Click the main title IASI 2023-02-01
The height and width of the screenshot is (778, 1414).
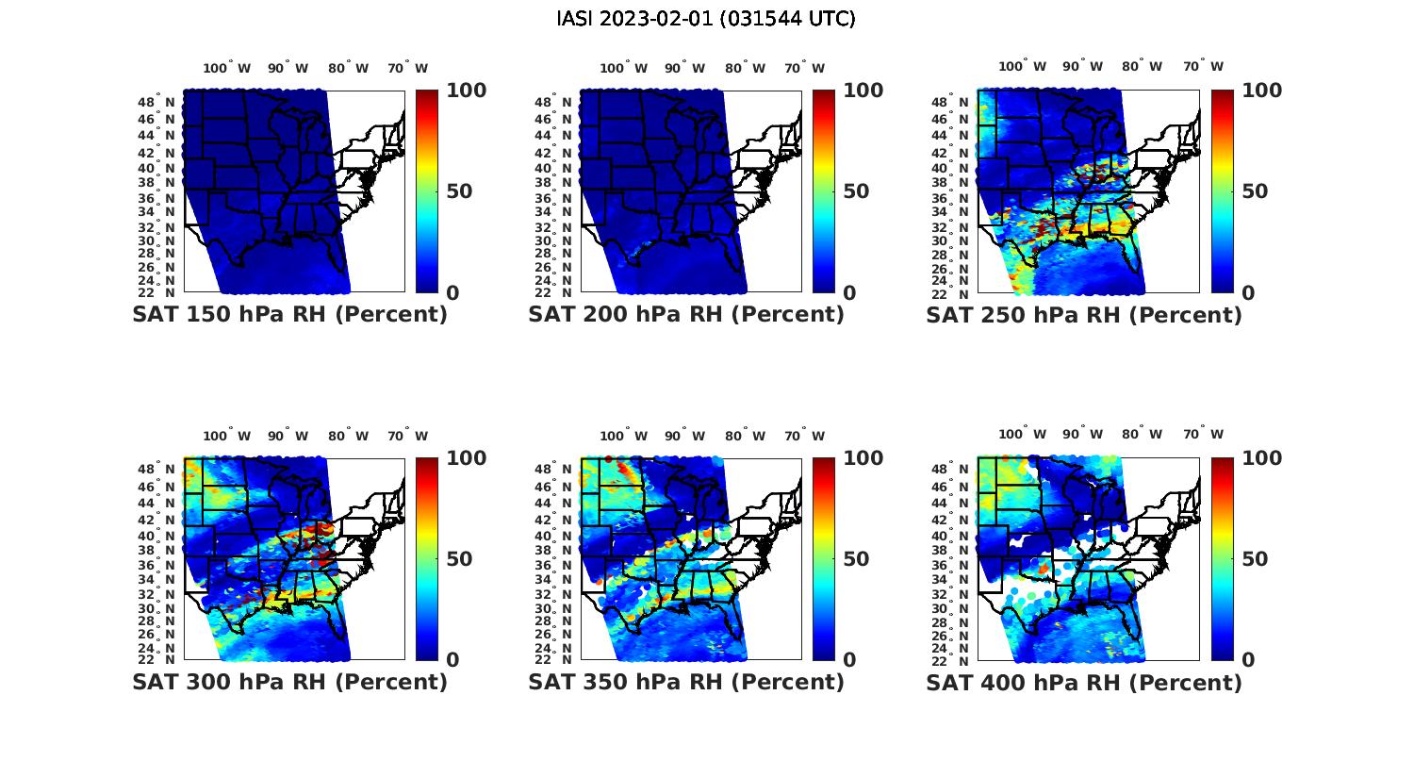click(x=706, y=19)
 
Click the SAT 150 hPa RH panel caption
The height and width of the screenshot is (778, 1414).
click(x=289, y=315)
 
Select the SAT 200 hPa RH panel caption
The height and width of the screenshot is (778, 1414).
click(x=686, y=315)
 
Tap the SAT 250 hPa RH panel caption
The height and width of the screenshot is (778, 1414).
click(x=1084, y=315)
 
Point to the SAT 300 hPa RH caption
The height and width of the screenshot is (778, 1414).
click(x=289, y=682)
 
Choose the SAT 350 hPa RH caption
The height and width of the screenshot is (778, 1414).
click(x=686, y=682)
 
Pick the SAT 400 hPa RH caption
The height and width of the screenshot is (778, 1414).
click(x=1084, y=682)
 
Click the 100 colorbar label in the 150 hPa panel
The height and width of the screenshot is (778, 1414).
click(x=466, y=91)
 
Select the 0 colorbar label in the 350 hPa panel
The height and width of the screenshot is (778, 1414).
click(x=849, y=660)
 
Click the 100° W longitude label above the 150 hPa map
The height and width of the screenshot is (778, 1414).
click(x=227, y=68)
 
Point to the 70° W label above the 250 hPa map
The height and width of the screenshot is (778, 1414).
click(x=1204, y=67)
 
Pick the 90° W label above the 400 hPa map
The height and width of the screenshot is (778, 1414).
click(x=1083, y=435)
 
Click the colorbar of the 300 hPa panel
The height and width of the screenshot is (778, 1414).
click(x=427, y=559)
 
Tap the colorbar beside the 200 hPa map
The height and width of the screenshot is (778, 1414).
click(x=824, y=191)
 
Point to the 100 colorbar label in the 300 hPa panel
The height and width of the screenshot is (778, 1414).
click(x=466, y=458)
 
